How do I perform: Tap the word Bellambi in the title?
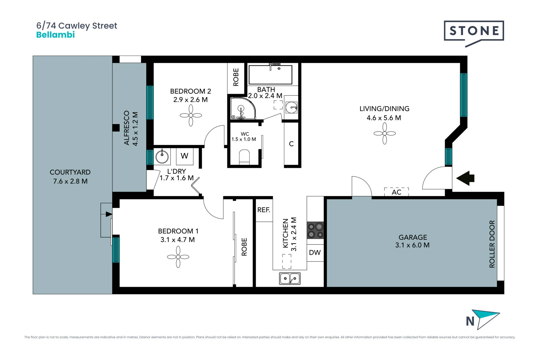click(55, 35)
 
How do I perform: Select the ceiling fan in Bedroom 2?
click(191, 115)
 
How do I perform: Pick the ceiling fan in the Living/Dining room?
click(384, 134)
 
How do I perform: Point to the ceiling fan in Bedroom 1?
click(178, 257)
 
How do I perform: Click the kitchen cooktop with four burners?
click(315, 230)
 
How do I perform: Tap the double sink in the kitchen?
click(290, 278)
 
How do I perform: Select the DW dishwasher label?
click(315, 253)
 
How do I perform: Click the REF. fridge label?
click(264, 210)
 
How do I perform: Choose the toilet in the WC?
click(244, 157)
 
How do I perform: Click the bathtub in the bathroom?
click(271, 75)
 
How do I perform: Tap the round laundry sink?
click(162, 156)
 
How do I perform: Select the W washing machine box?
click(184, 156)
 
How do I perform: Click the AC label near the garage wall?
click(397, 192)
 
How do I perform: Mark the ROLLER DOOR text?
click(492, 244)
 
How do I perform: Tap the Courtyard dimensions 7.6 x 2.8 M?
click(70, 181)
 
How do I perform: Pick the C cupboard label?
click(291, 144)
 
